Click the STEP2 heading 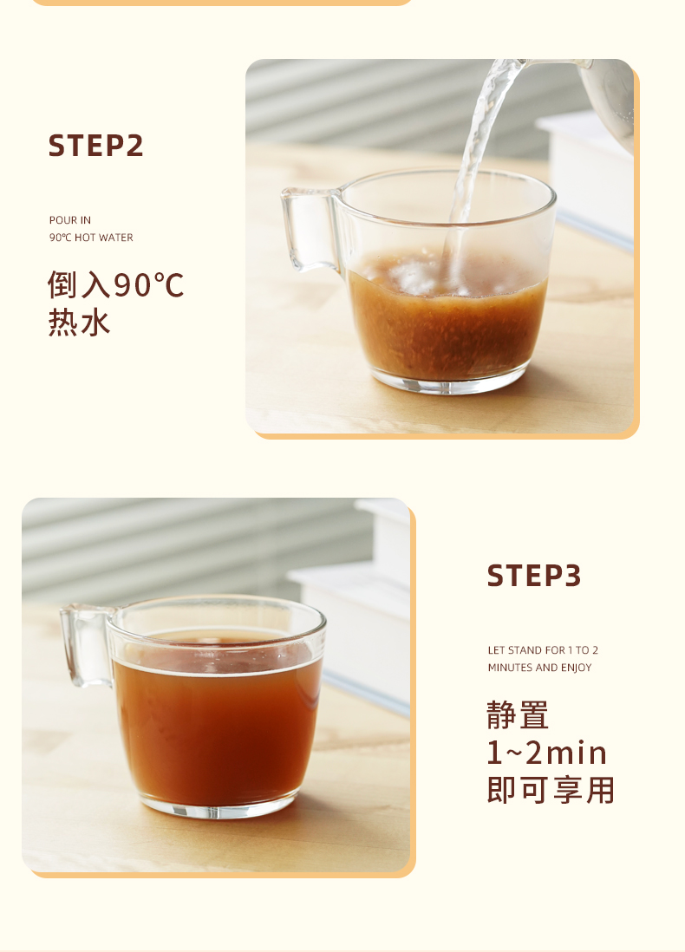pos(95,146)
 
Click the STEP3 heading pos(533,576)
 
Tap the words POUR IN pos(70,220)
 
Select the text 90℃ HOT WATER pos(91,238)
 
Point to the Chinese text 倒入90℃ pos(116,284)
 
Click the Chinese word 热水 pos(80,323)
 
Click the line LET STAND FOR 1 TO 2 pos(543,650)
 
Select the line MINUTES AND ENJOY pos(539,668)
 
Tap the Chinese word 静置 pos(518,715)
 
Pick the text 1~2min pos(546,753)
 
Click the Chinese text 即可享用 pos(551,791)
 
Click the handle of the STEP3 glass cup pos(85,646)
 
